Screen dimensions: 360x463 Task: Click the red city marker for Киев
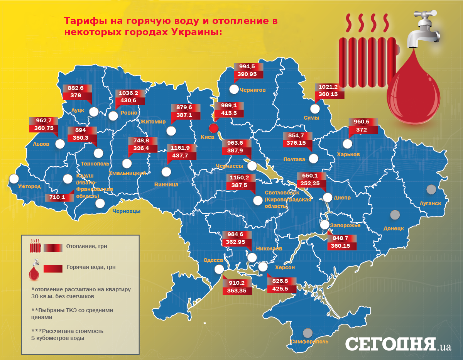213,128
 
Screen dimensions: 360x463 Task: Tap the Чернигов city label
253,90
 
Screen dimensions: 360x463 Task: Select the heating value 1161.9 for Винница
178,147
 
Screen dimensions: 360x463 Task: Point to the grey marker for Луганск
431,189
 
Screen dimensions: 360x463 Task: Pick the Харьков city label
348,154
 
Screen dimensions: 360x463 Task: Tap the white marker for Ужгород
14,179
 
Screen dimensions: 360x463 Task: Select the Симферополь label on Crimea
310,341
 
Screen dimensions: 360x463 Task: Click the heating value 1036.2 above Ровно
130,93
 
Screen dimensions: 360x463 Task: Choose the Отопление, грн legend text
86,246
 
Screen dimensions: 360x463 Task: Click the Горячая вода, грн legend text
91,267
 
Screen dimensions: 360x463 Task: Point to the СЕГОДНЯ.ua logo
398,344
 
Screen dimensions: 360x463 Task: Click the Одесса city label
213,260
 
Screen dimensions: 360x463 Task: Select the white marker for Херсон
263,267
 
